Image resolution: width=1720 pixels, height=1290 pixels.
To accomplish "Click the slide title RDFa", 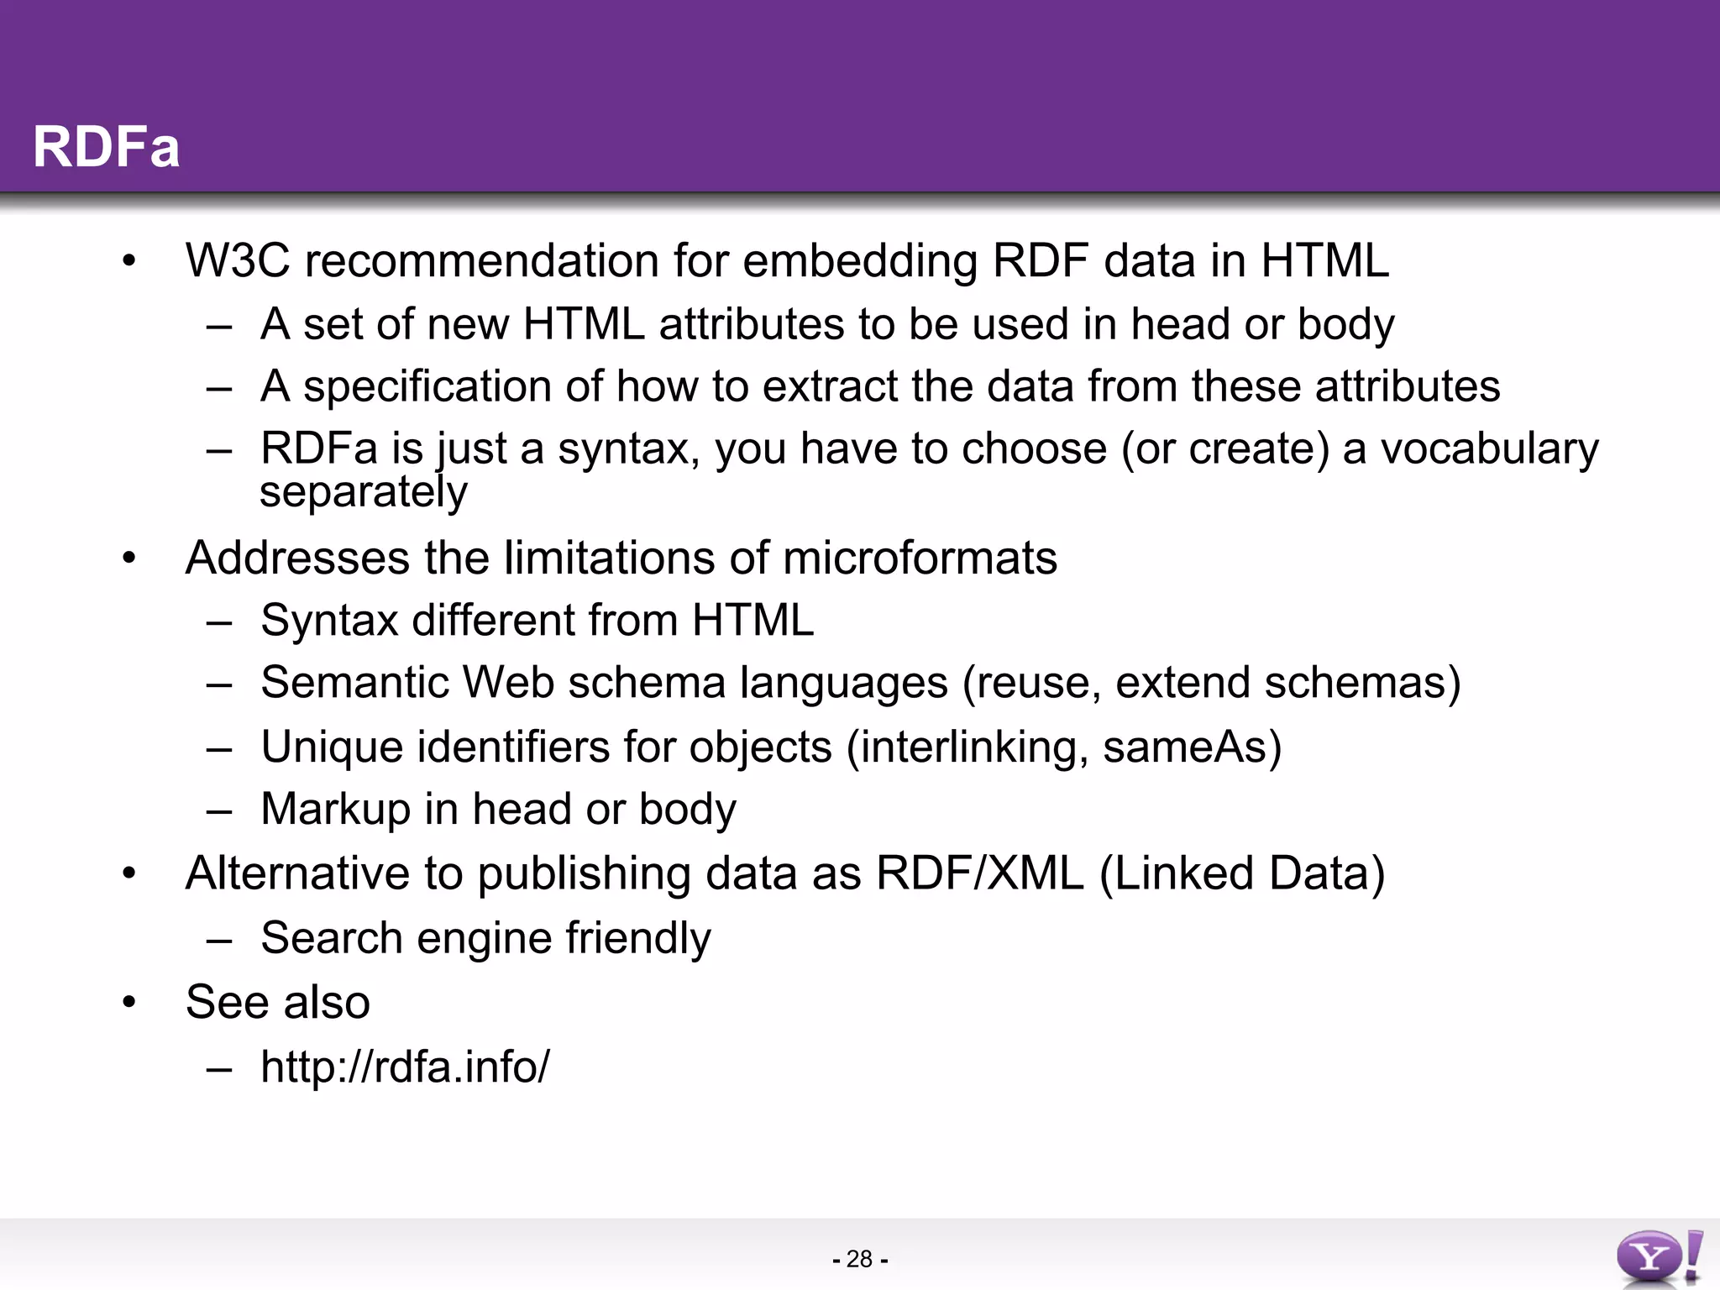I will pyautogui.click(x=106, y=147).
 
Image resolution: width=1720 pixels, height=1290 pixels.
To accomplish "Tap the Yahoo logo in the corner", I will pyautogui.click(x=1659, y=1257).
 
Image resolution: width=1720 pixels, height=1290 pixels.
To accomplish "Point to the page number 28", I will pyautogui.click(x=859, y=1259).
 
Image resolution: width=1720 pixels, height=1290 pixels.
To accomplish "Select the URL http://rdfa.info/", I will pyautogui.click(x=405, y=1067).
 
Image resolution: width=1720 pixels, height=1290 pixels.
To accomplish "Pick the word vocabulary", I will pyautogui.click(x=1490, y=448).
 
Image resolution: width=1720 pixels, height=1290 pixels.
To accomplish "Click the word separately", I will pyautogui.click(x=363, y=492).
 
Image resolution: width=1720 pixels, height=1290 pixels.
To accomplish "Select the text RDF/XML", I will pyautogui.click(x=980, y=873).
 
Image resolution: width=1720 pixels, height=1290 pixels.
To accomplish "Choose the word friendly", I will pyautogui.click(x=637, y=938).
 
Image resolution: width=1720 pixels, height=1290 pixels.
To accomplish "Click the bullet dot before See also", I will pyautogui.click(x=128, y=1002).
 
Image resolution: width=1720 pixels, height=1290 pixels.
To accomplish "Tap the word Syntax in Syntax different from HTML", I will pyautogui.click(x=329, y=621).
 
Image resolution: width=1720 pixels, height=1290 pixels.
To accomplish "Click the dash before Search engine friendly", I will pyautogui.click(x=219, y=940).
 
